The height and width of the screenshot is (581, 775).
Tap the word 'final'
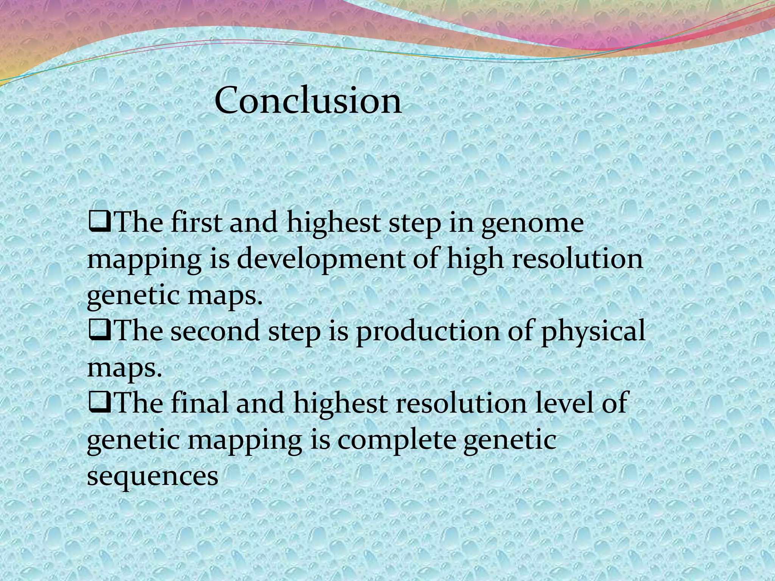[x=199, y=403]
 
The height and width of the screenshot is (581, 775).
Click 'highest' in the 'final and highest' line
[x=340, y=403]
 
